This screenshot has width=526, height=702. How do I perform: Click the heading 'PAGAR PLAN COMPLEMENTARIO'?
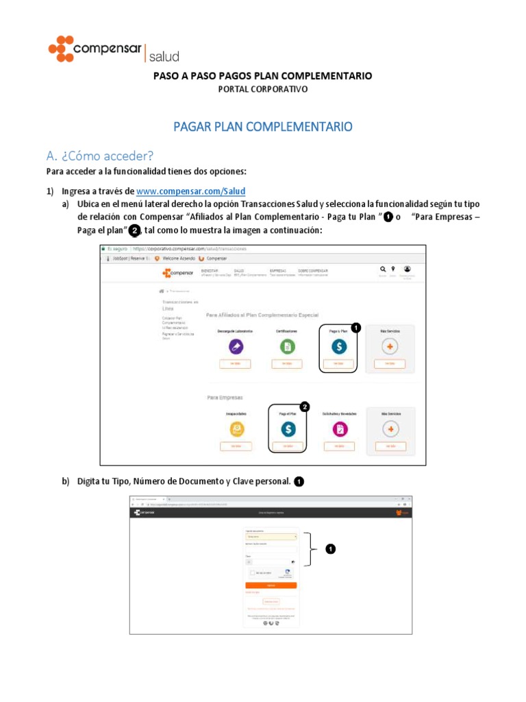tap(262, 127)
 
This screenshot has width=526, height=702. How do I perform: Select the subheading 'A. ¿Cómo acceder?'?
tap(100, 156)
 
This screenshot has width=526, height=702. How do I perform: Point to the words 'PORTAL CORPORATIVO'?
tap(262, 89)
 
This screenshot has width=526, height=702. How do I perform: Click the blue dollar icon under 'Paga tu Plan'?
tap(338, 347)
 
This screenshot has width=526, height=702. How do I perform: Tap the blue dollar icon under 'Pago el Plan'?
tap(288, 428)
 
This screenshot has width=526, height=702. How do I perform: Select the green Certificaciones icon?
tap(287, 347)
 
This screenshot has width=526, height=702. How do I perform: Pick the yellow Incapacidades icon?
tap(236, 428)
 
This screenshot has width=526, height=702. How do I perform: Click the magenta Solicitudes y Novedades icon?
tap(339, 428)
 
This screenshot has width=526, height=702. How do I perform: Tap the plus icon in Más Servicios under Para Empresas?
tap(390, 428)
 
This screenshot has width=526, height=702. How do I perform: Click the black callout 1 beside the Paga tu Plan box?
tap(355, 328)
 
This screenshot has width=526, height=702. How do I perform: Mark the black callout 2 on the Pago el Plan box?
tap(305, 407)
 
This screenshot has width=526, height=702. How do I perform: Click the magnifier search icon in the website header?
tap(383, 269)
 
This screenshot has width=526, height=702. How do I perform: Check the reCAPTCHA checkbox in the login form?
tap(253, 572)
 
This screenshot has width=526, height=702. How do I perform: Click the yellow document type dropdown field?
tap(271, 536)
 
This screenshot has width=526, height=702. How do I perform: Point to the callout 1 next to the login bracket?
tap(331, 548)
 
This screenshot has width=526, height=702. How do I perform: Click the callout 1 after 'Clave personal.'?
tap(299, 482)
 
